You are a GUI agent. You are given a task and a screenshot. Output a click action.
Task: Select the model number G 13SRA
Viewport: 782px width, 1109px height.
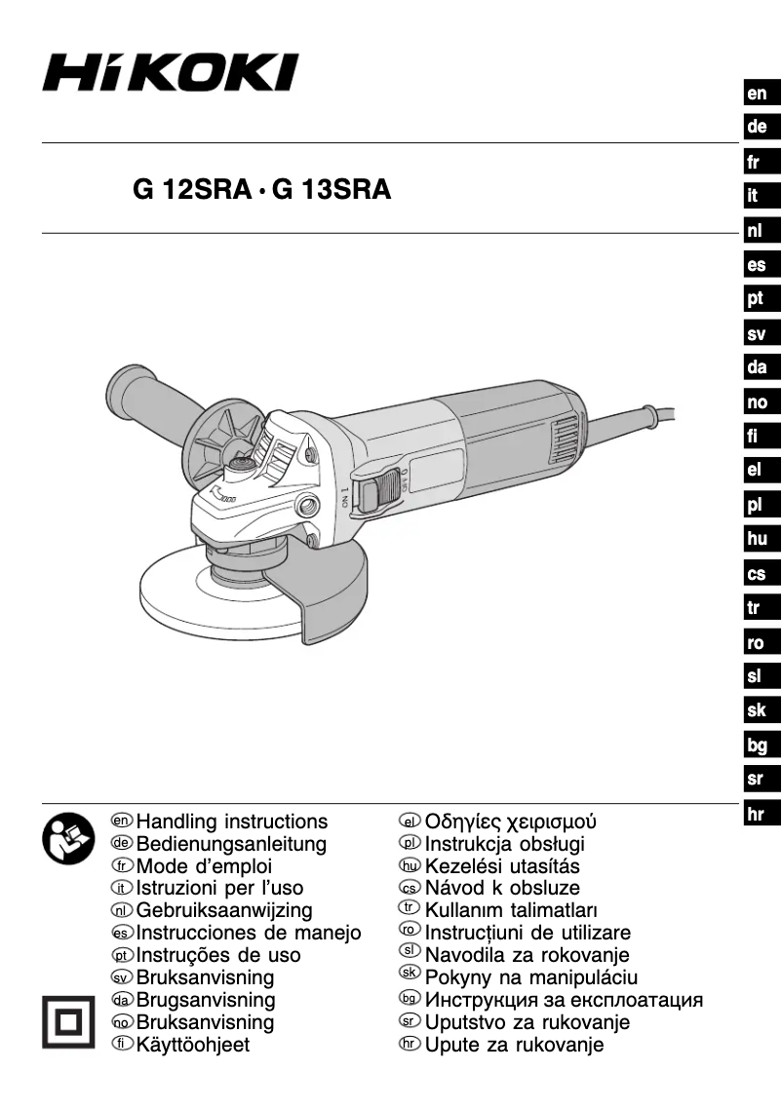click(332, 190)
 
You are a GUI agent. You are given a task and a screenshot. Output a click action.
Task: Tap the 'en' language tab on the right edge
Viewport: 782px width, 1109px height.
click(757, 95)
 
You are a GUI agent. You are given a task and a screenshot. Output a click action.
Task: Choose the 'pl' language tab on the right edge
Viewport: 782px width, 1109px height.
click(757, 506)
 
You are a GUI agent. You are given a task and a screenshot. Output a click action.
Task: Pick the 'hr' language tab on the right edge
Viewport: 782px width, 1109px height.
click(757, 815)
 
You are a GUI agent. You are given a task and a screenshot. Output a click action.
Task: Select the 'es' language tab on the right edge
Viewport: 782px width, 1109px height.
click(757, 265)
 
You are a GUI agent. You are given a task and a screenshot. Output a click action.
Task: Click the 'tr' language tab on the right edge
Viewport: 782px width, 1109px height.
click(757, 609)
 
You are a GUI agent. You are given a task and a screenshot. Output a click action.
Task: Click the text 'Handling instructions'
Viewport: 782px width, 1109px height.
click(232, 822)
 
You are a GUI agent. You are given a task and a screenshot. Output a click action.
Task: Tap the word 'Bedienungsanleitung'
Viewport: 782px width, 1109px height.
click(231, 844)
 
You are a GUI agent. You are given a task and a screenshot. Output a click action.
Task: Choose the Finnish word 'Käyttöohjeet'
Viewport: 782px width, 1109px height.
click(193, 1045)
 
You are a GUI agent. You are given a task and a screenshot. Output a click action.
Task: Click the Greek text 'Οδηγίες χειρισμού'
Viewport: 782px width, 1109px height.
click(510, 822)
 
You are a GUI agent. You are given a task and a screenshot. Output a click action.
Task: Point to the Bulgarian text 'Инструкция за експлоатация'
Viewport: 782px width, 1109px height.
click(564, 1000)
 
